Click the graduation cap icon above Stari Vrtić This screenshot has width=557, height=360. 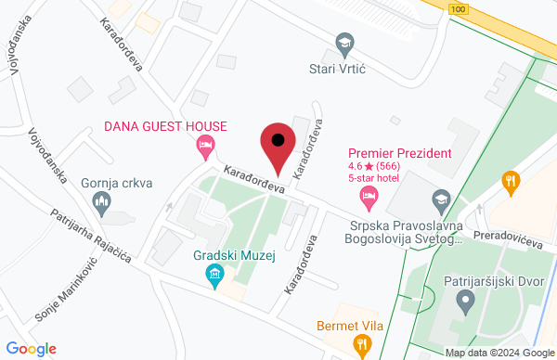coord(345,43)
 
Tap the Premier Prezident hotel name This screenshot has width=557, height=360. coord(399,153)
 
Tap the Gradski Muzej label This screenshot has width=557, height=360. coord(228,255)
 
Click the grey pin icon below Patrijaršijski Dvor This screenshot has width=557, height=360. coord(466,300)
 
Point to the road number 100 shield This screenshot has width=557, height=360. coord(457,8)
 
